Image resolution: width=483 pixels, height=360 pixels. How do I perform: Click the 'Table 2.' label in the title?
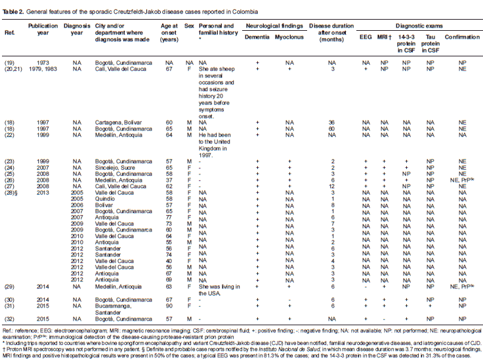point(16,12)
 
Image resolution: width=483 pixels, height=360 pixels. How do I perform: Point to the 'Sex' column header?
point(190,31)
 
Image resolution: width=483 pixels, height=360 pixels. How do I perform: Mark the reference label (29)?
point(10,286)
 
